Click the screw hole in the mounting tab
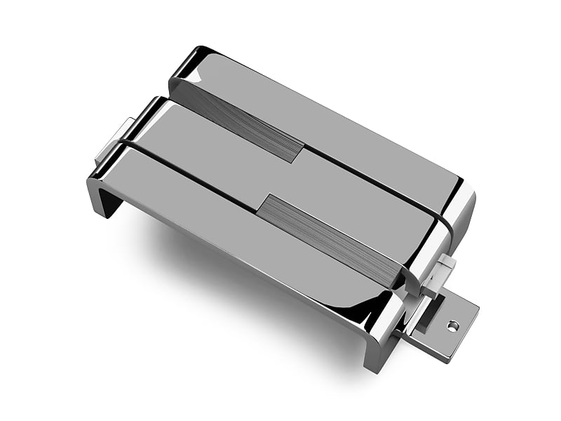point(452,326)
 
